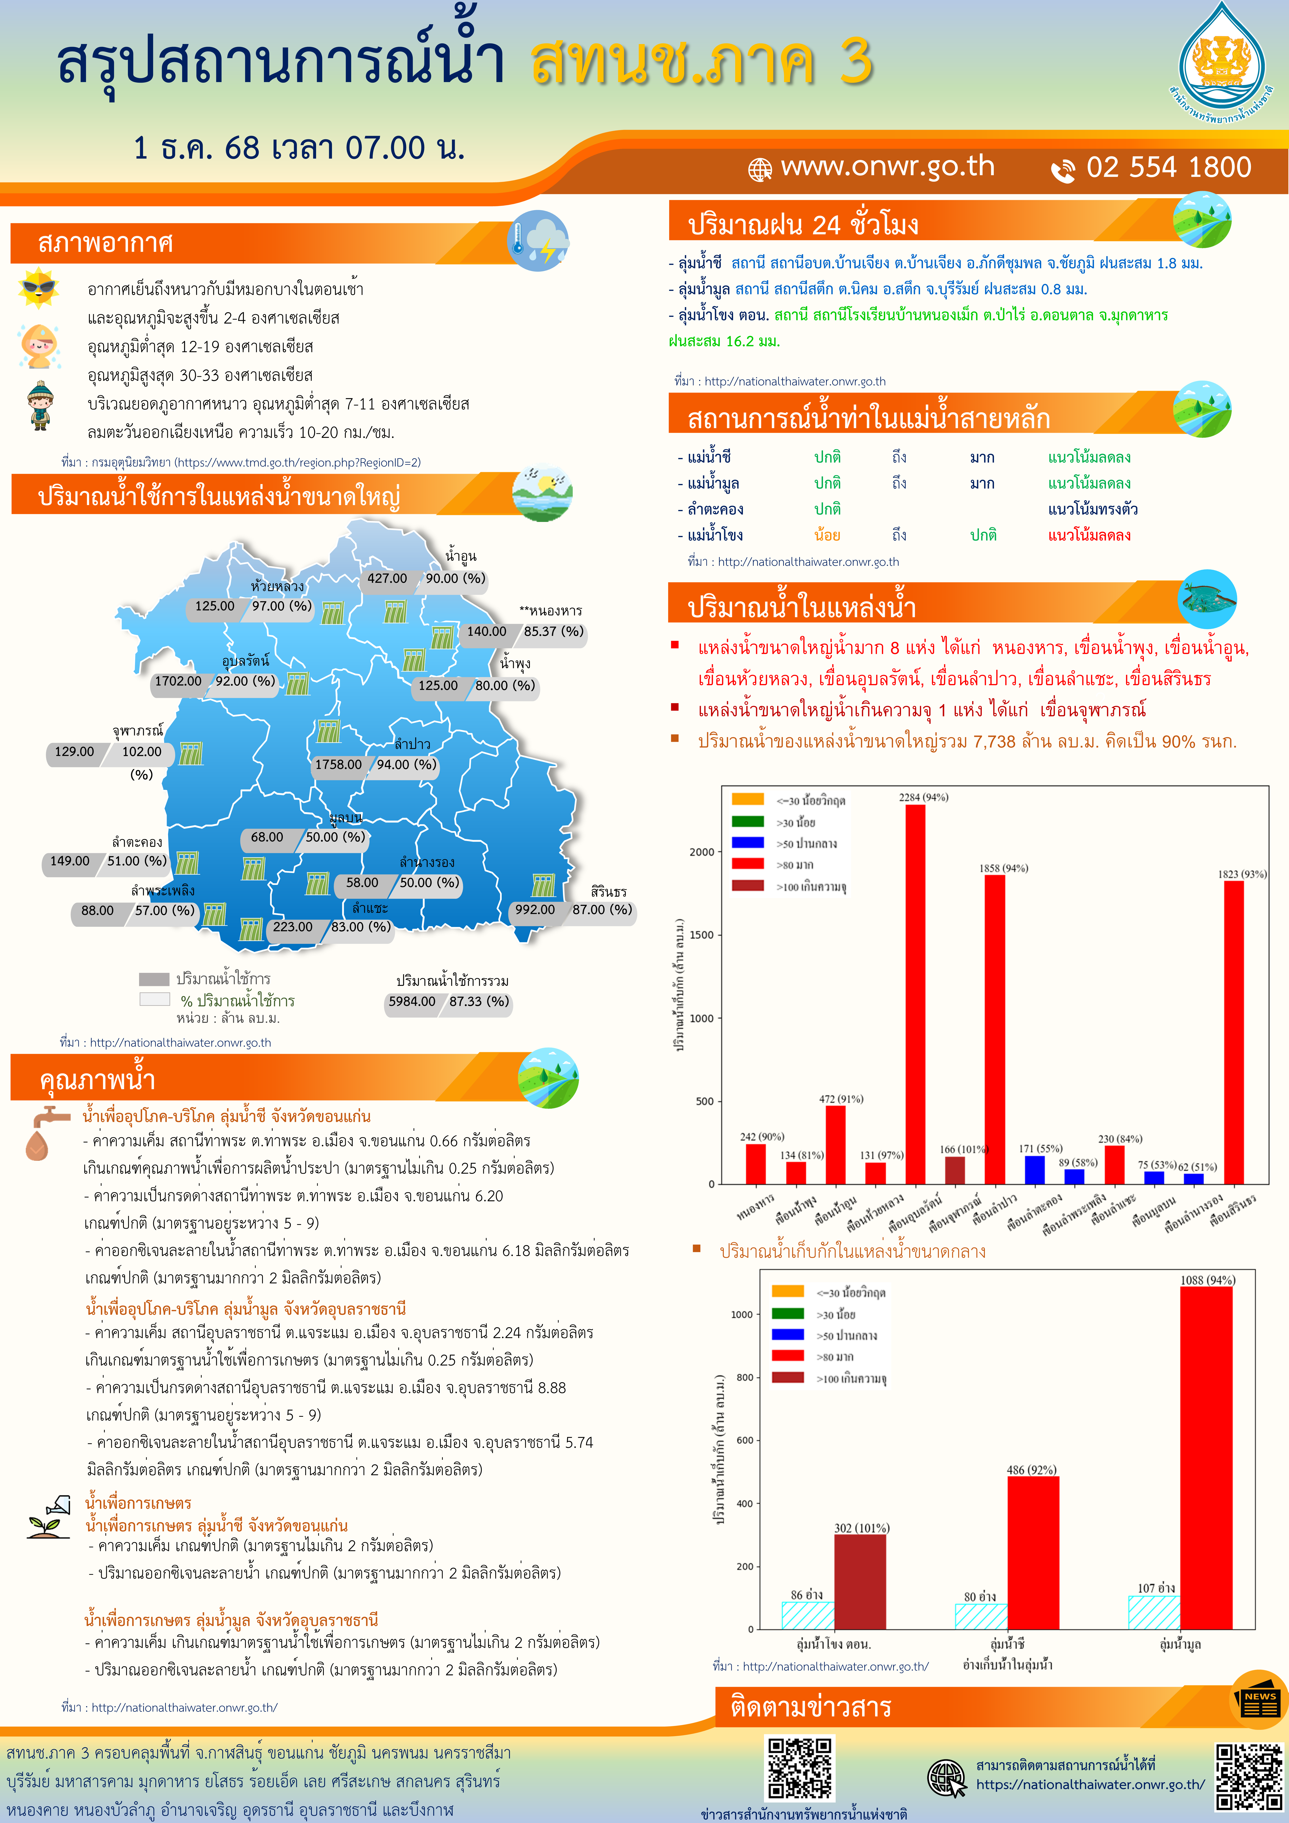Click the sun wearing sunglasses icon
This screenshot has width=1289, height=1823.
pos(38,287)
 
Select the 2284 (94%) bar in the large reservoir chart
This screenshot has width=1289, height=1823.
pos(915,992)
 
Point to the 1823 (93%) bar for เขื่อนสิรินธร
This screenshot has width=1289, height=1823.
pos(1233,1032)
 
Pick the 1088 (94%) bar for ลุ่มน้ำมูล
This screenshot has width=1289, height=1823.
pos(1206,1457)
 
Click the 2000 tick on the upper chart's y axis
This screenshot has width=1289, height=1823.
pos(702,852)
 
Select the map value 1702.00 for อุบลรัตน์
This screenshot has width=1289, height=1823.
pos(178,681)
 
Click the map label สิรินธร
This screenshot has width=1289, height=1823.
pos(608,892)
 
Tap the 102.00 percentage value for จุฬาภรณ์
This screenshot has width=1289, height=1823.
pos(141,752)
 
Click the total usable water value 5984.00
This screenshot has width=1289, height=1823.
pos(411,1001)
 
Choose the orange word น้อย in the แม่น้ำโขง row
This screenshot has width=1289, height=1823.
pos(827,535)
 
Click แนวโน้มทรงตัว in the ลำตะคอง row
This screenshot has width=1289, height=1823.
pos(1093,509)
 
